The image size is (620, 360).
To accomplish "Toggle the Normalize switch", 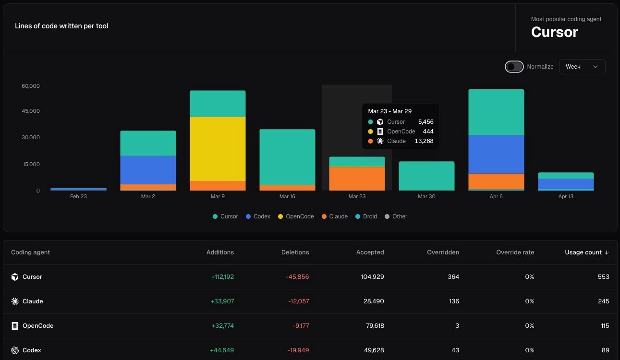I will coord(514,67).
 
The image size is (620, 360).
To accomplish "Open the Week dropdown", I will coord(582,67).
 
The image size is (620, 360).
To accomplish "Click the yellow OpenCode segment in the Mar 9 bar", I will coord(218,149).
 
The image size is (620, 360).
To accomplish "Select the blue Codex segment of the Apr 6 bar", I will coord(496,154).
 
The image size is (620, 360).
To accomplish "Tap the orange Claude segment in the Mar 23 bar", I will coord(357,178).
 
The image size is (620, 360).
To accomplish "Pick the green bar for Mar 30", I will coord(426,176).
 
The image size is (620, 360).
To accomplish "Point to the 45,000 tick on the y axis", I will coord(31,111).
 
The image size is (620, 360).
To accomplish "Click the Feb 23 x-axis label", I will coord(78,196).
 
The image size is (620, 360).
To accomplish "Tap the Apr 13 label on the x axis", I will coord(566,196).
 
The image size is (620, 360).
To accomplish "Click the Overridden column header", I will coord(443,252).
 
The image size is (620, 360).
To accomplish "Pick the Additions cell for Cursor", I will coord(222,277).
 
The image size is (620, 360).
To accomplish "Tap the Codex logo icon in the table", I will coord(15,350).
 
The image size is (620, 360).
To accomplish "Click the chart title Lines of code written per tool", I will coord(61,26).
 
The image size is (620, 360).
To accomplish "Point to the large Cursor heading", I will coord(554,32).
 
